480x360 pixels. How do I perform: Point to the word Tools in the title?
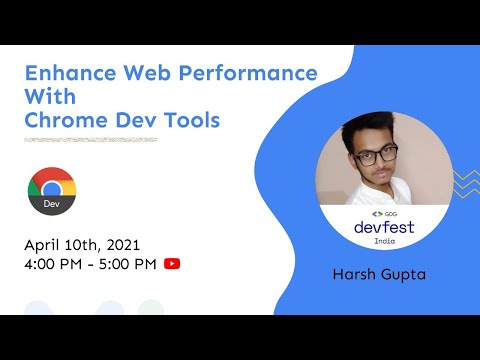190,121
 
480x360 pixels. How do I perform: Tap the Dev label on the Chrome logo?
51,204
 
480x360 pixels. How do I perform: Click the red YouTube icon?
172,264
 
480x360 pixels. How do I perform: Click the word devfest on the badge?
383,227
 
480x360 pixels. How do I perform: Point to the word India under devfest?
383,241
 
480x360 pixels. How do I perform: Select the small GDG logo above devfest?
383,213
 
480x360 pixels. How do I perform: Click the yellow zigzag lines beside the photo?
465,183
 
